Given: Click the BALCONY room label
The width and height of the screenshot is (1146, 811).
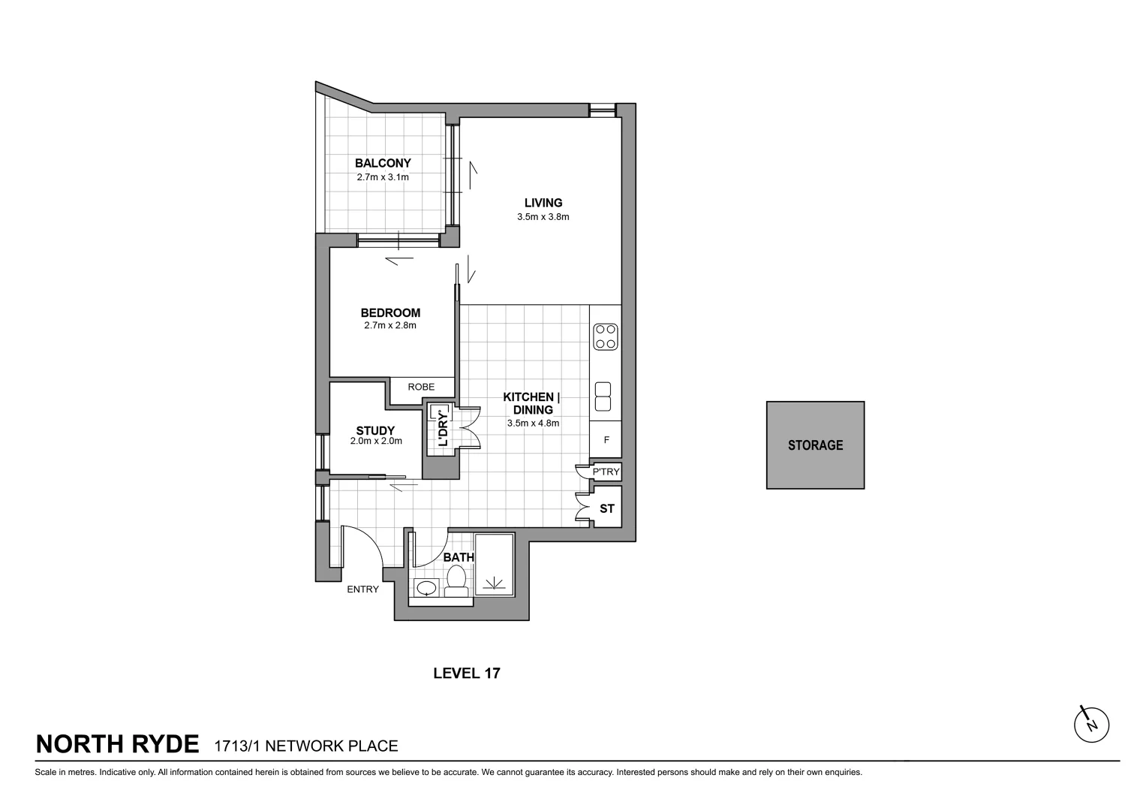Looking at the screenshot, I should point(383,163).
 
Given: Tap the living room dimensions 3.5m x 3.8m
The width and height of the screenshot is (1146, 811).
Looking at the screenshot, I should point(543,217).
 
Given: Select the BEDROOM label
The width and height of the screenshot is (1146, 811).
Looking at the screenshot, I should point(390,313).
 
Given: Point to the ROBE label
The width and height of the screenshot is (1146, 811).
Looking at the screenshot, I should point(421,387).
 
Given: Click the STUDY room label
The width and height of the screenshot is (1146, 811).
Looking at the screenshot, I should point(375,430).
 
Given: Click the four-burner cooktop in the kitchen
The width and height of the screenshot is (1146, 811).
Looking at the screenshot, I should point(605,336).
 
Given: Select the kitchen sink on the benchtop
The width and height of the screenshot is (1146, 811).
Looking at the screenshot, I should point(603,398).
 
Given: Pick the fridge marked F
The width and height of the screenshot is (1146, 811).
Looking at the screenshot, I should point(606,440).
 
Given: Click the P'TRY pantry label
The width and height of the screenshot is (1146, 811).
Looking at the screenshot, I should point(606,472).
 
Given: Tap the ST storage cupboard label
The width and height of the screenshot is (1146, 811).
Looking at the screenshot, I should point(607,508).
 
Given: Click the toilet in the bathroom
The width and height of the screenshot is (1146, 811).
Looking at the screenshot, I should point(456,579).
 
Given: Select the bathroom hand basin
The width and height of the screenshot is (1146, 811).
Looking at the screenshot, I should point(426,587).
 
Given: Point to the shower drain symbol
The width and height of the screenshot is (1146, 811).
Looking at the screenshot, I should point(494,583).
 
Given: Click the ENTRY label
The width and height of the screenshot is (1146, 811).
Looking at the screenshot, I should point(362,589).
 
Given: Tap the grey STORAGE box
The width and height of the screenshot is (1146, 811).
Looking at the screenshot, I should point(815,445).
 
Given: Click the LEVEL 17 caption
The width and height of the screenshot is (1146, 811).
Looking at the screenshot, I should point(467,673).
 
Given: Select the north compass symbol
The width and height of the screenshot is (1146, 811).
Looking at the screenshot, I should point(1091,725).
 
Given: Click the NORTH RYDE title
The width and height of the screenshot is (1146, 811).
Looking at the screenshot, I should point(118,744).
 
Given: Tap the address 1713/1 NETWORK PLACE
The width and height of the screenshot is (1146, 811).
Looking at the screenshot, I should point(305,746).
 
